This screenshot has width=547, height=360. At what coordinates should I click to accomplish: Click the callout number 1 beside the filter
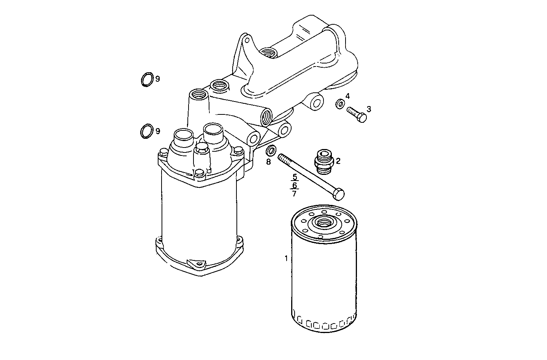click(x=286, y=259)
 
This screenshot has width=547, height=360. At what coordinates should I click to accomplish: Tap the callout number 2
click(x=338, y=161)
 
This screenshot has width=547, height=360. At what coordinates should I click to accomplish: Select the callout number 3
click(x=368, y=109)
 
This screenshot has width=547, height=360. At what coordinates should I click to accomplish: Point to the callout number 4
click(x=347, y=96)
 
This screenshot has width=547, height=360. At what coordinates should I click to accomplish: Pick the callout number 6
click(x=294, y=185)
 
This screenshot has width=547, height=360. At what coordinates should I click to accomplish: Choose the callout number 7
click(x=294, y=193)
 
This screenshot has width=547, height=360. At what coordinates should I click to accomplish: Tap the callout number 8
click(x=268, y=162)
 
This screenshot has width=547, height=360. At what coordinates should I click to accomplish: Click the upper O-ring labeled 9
click(x=147, y=79)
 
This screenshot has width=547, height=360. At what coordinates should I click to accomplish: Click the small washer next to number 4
click(x=340, y=103)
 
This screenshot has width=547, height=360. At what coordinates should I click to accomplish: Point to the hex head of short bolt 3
click(x=362, y=118)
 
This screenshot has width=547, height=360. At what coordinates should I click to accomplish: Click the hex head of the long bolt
click(x=338, y=194)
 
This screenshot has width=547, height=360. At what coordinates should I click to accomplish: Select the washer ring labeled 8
click(x=271, y=151)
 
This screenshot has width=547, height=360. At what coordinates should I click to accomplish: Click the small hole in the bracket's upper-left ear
click(x=247, y=40)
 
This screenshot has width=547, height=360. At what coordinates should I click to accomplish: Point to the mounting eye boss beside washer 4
click(x=316, y=101)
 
